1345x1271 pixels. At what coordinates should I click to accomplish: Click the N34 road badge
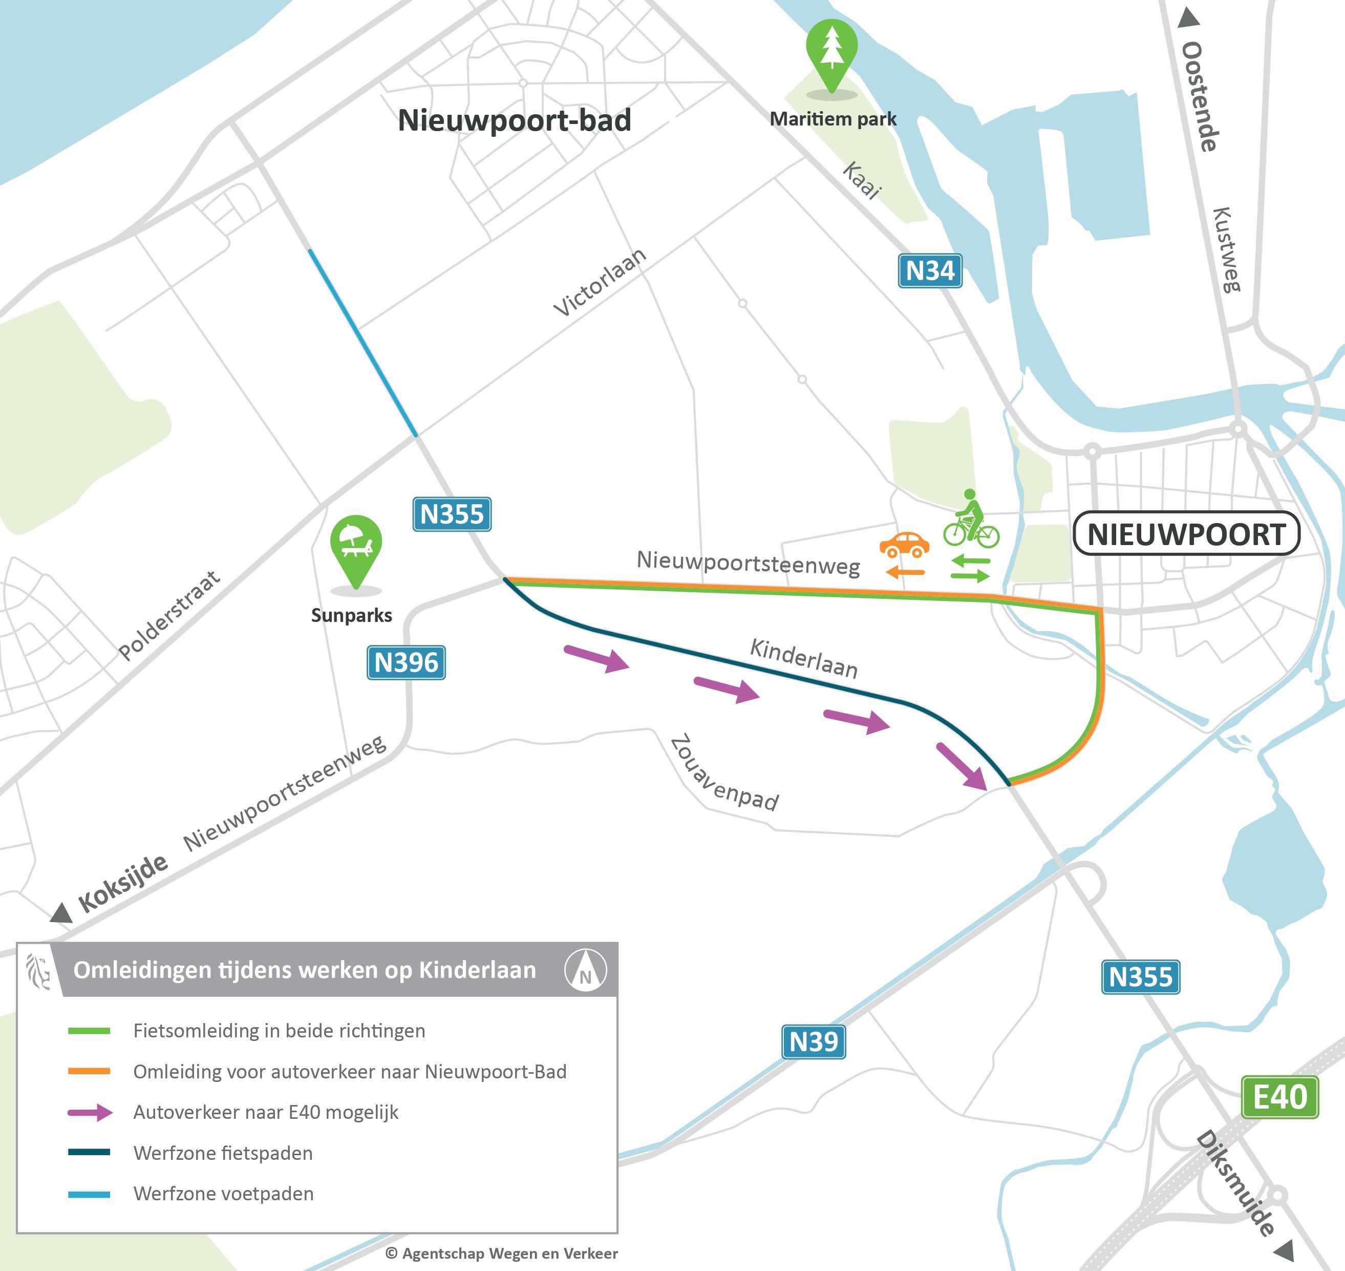(x=930, y=271)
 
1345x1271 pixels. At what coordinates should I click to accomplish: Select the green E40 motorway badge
(x=1279, y=1096)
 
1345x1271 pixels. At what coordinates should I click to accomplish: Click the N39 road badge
(x=814, y=1041)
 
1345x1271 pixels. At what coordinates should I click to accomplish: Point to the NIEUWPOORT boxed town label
(x=1186, y=534)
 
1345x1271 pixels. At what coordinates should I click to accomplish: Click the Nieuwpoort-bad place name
(x=514, y=120)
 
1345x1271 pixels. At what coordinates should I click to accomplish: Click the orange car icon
(x=904, y=544)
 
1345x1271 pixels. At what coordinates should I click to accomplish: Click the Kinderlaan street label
(x=804, y=658)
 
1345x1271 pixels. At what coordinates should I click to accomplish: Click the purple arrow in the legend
(x=90, y=1113)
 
